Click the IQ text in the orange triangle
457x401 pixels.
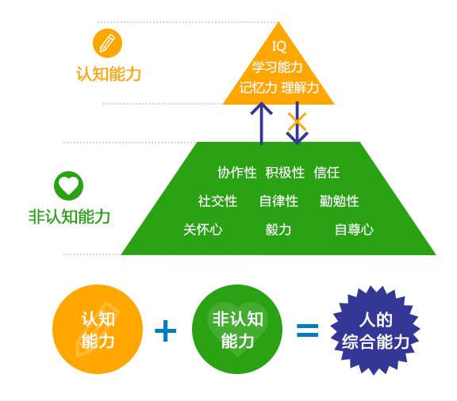pyautogui.click(x=279, y=46)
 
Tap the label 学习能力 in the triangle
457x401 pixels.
pyautogui.click(x=277, y=67)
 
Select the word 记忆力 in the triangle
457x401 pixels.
pyautogui.click(x=258, y=87)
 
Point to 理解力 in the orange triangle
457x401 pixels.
pyautogui.click(x=300, y=87)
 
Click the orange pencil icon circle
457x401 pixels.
pyautogui.click(x=107, y=43)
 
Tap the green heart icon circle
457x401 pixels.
pyautogui.click(x=68, y=185)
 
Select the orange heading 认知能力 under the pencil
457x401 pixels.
pyautogui.click(x=109, y=74)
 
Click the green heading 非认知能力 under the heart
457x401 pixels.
pyautogui.click(x=69, y=216)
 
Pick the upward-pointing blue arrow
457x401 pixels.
pyautogui.click(x=262, y=123)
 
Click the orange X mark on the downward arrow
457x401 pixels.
pyautogui.click(x=297, y=121)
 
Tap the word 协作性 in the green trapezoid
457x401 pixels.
pyautogui.click(x=237, y=173)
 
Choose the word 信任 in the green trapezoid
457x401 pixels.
pyautogui.click(x=327, y=173)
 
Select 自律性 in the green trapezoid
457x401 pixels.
pyautogui.click(x=279, y=201)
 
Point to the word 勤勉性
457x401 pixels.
pyautogui.click(x=340, y=201)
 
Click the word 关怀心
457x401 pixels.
pyautogui.click(x=203, y=230)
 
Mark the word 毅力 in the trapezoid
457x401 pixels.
pyautogui.click(x=278, y=230)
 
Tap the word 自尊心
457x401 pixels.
pyautogui.click(x=354, y=230)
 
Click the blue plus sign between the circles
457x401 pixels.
pyautogui.click(x=166, y=330)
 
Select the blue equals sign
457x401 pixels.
pyautogui.click(x=308, y=330)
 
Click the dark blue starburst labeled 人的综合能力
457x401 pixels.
pyautogui.click(x=375, y=330)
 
